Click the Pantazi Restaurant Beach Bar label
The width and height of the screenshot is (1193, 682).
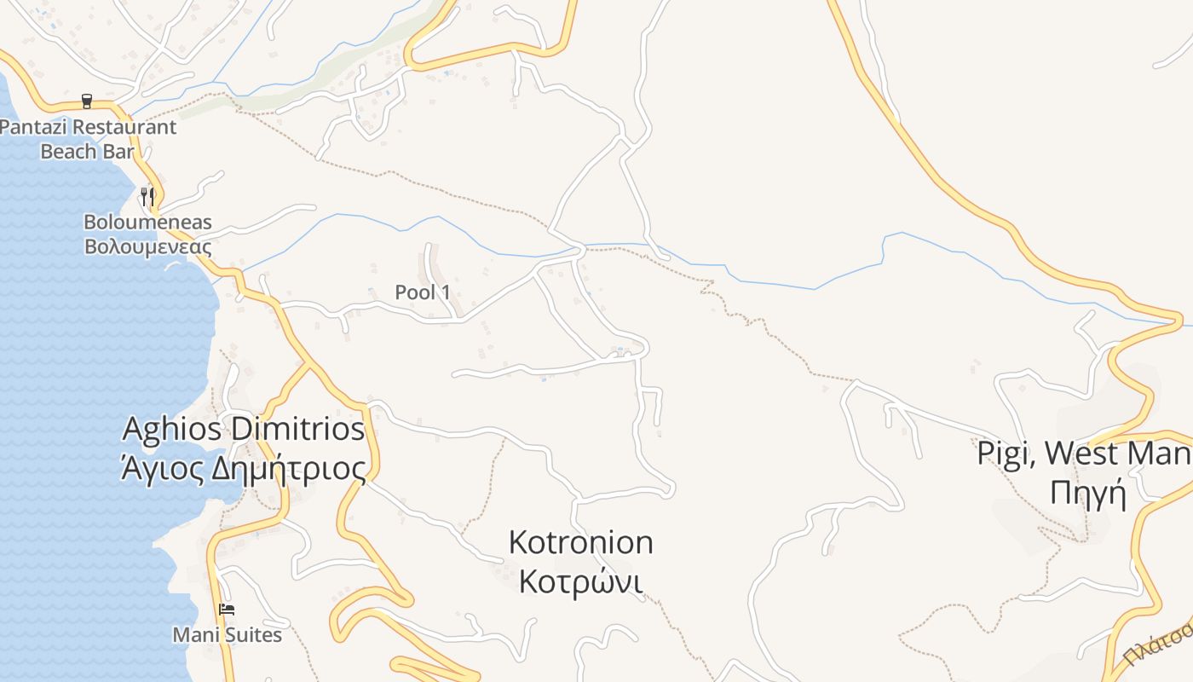[88, 139]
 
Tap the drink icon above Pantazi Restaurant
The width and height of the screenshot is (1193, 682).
[87, 101]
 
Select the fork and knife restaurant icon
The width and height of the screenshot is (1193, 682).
[147, 195]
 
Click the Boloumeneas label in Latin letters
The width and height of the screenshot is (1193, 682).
[147, 223]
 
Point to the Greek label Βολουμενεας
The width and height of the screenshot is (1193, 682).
[147, 247]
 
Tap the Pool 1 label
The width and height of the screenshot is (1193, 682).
[423, 292]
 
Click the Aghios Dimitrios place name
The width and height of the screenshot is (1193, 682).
[244, 429]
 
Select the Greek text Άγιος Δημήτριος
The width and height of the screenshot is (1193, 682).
[244, 467]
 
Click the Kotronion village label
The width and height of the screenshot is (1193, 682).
[580, 542]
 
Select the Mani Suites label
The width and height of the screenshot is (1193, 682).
[227, 635]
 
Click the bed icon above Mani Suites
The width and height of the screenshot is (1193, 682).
[226, 610]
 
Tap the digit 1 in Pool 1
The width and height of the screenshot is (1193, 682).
[446, 292]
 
